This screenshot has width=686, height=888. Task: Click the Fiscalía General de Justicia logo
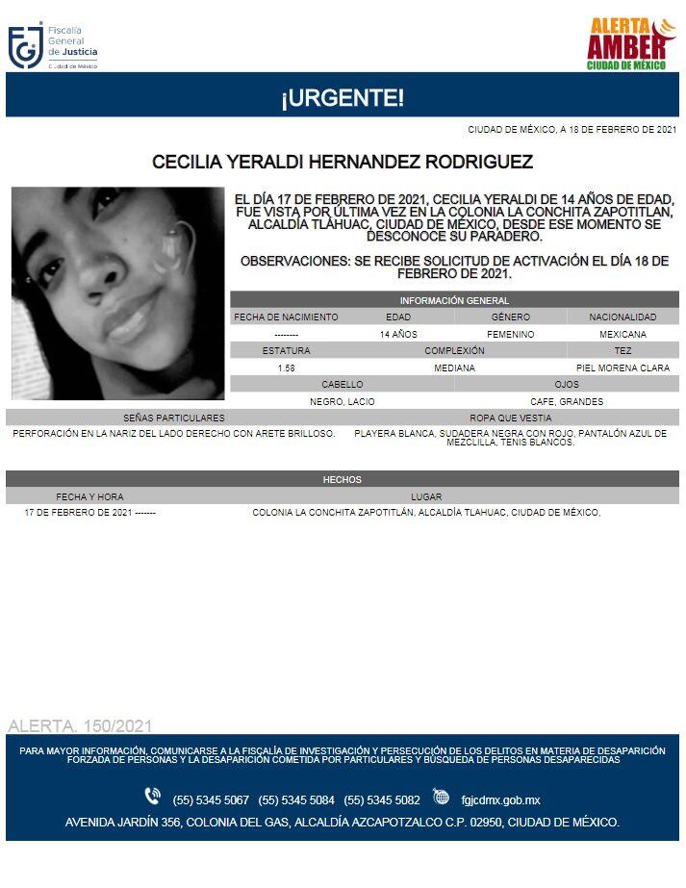(x=53, y=45)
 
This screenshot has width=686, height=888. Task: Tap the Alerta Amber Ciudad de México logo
(x=631, y=43)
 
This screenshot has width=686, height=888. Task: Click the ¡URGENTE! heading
(x=343, y=97)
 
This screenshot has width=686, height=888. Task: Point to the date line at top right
(x=572, y=129)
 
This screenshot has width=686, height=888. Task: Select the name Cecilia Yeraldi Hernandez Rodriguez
(x=343, y=163)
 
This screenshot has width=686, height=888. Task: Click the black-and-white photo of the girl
(x=117, y=293)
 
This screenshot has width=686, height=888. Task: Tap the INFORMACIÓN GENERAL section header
(x=454, y=300)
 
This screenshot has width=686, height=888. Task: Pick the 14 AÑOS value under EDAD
(x=398, y=334)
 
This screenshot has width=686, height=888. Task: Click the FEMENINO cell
(x=511, y=334)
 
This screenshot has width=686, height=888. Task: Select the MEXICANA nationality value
(x=623, y=334)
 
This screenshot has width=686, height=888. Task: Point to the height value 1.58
(x=286, y=368)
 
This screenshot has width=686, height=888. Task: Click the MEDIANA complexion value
(x=454, y=368)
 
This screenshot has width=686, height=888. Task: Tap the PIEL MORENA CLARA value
(x=622, y=368)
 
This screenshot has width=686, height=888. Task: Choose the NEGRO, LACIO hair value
(x=343, y=401)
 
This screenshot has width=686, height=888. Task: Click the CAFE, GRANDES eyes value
(x=567, y=401)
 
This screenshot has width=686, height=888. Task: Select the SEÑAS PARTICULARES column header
(x=174, y=418)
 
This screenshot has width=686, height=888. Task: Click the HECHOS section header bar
(x=343, y=479)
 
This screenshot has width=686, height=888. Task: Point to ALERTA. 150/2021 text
(x=79, y=725)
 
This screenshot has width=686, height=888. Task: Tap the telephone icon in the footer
(x=152, y=796)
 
